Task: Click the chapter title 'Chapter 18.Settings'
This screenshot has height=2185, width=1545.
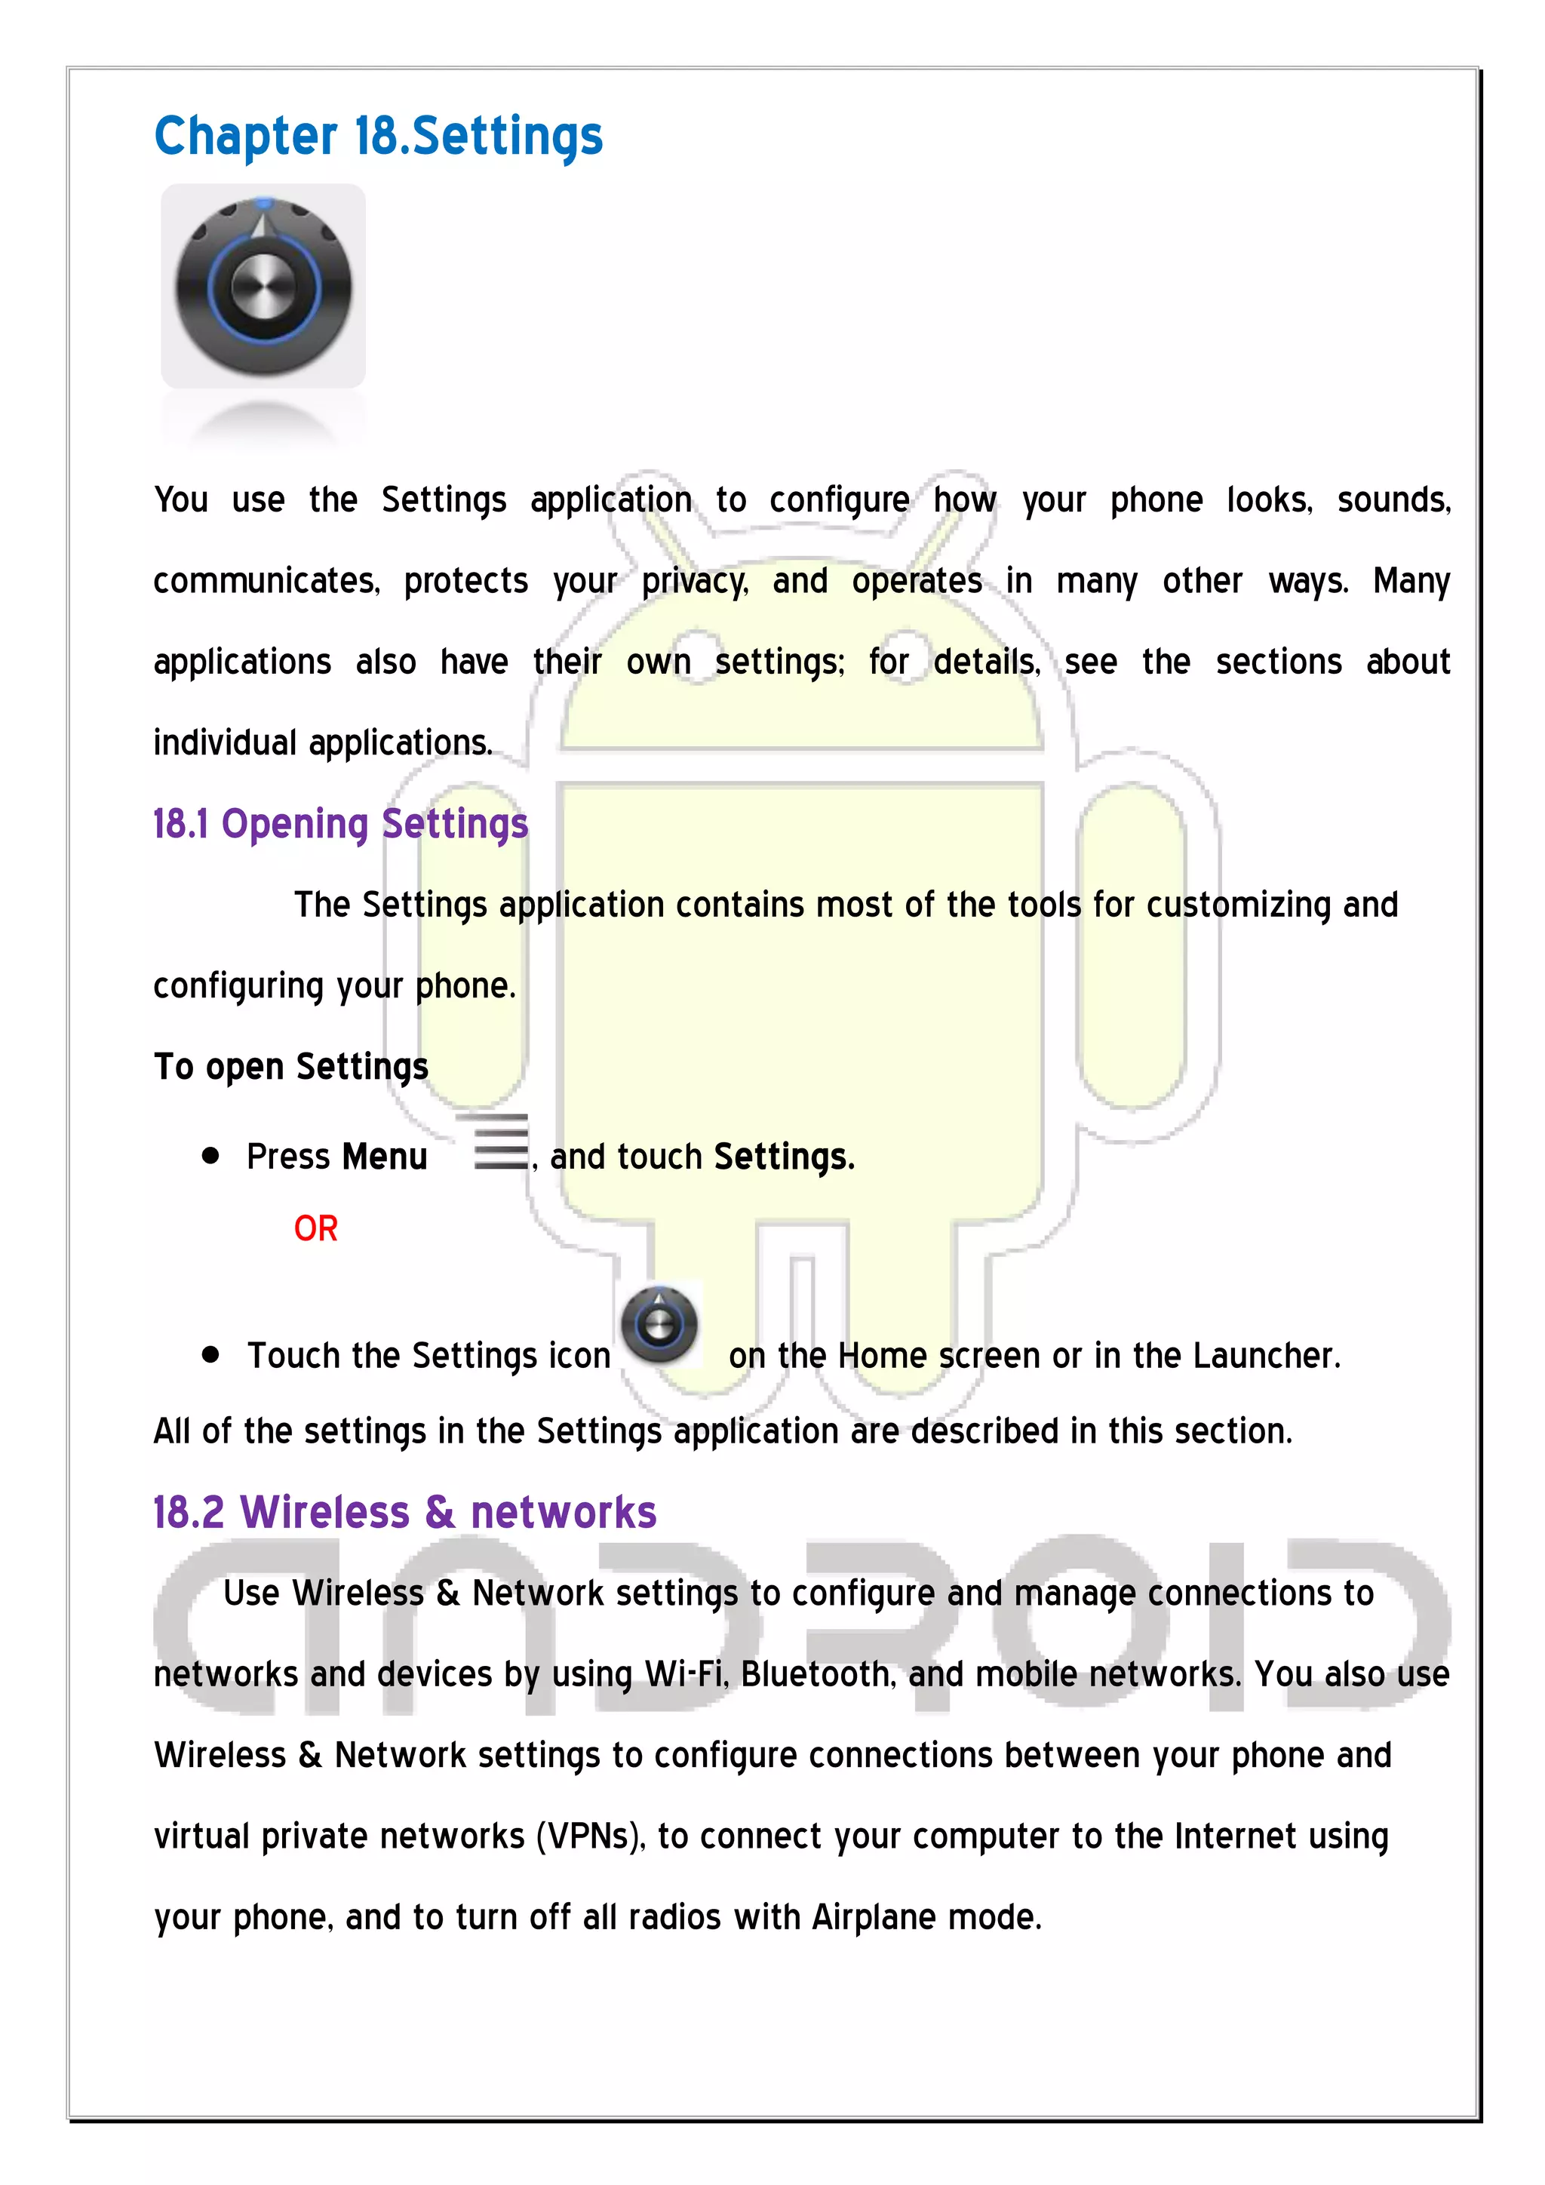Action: pos(378,136)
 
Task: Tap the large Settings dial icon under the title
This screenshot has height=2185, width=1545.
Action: pos(263,285)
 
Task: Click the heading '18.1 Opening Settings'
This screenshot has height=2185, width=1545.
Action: pos(339,824)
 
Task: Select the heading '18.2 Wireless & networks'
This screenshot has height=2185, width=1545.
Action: pos(404,1512)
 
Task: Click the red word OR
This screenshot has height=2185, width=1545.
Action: pos(315,1228)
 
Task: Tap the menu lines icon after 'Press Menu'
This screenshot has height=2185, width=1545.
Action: pos(500,1142)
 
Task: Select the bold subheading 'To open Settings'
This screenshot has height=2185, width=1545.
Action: pos(291,1067)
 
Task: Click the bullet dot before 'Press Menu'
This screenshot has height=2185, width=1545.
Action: pos(211,1157)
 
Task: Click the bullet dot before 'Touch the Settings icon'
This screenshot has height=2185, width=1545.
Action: pos(211,1354)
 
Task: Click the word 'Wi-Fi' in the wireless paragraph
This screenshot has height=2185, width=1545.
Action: pos(685,1674)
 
